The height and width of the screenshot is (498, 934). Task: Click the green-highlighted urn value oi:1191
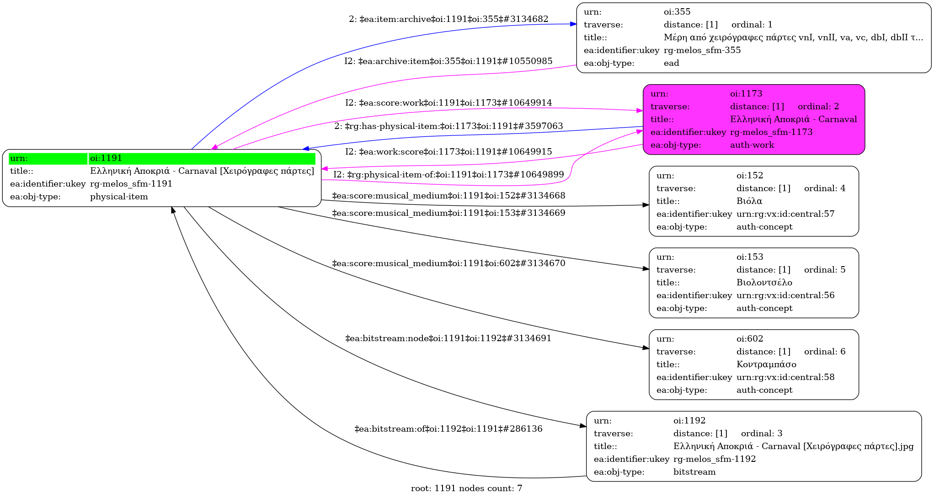[106, 158]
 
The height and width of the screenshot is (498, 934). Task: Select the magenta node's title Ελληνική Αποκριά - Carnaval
[793, 119]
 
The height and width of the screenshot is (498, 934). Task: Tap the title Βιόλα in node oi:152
[749, 201]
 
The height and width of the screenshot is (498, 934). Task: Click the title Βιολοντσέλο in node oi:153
[764, 283]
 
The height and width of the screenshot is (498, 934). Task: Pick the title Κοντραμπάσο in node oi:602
[766, 364]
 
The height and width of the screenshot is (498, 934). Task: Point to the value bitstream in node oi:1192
[694, 472]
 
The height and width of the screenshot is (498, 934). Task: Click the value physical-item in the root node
[119, 197]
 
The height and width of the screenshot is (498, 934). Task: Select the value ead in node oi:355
[672, 63]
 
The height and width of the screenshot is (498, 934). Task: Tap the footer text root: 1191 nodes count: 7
[466, 488]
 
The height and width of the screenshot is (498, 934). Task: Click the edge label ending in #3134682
[448, 19]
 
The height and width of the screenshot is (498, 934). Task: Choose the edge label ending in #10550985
[448, 61]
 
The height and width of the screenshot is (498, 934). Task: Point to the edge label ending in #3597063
[448, 126]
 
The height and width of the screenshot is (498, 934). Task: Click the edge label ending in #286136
[448, 429]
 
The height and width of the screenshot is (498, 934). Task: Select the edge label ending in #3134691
[448, 338]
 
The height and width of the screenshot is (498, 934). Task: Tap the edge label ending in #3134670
[448, 263]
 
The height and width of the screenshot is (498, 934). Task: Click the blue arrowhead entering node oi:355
[573, 24]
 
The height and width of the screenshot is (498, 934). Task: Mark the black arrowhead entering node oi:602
[646, 348]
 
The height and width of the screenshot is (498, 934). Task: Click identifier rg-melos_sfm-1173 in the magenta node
[771, 132]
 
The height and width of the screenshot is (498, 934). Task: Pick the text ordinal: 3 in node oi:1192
[762, 434]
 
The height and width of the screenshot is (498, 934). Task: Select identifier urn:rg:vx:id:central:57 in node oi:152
[785, 214]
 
